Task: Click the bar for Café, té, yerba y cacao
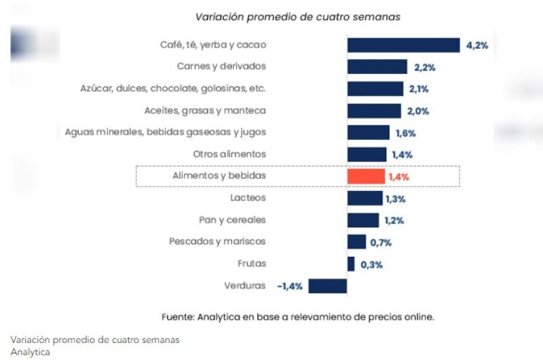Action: pyautogui.click(x=403, y=45)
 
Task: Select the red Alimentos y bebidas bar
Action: pyautogui.click(x=366, y=177)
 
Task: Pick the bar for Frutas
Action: pyautogui.click(x=351, y=264)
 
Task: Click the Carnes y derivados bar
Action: pyautogui.click(x=377, y=67)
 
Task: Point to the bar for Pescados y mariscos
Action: pyautogui.click(x=356, y=242)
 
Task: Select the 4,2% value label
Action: pyautogui.click(x=477, y=46)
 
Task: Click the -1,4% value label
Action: pyautogui.click(x=290, y=287)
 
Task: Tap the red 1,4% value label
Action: pyautogui.click(x=399, y=177)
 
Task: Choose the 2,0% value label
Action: pyautogui.click(x=417, y=111)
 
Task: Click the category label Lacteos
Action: pyautogui.click(x=248, y=198)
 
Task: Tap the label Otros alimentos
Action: pyautogui.click(x=229, y=154)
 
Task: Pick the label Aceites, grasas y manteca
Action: pyautogui.click(x=205, y=110)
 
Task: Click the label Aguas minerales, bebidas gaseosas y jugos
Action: pyautogui.click(x=165, y=132)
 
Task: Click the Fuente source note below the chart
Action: pyautogui.click(x=297, y=317)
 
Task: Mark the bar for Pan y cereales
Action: pyautogui.click(x=363, y=220)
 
